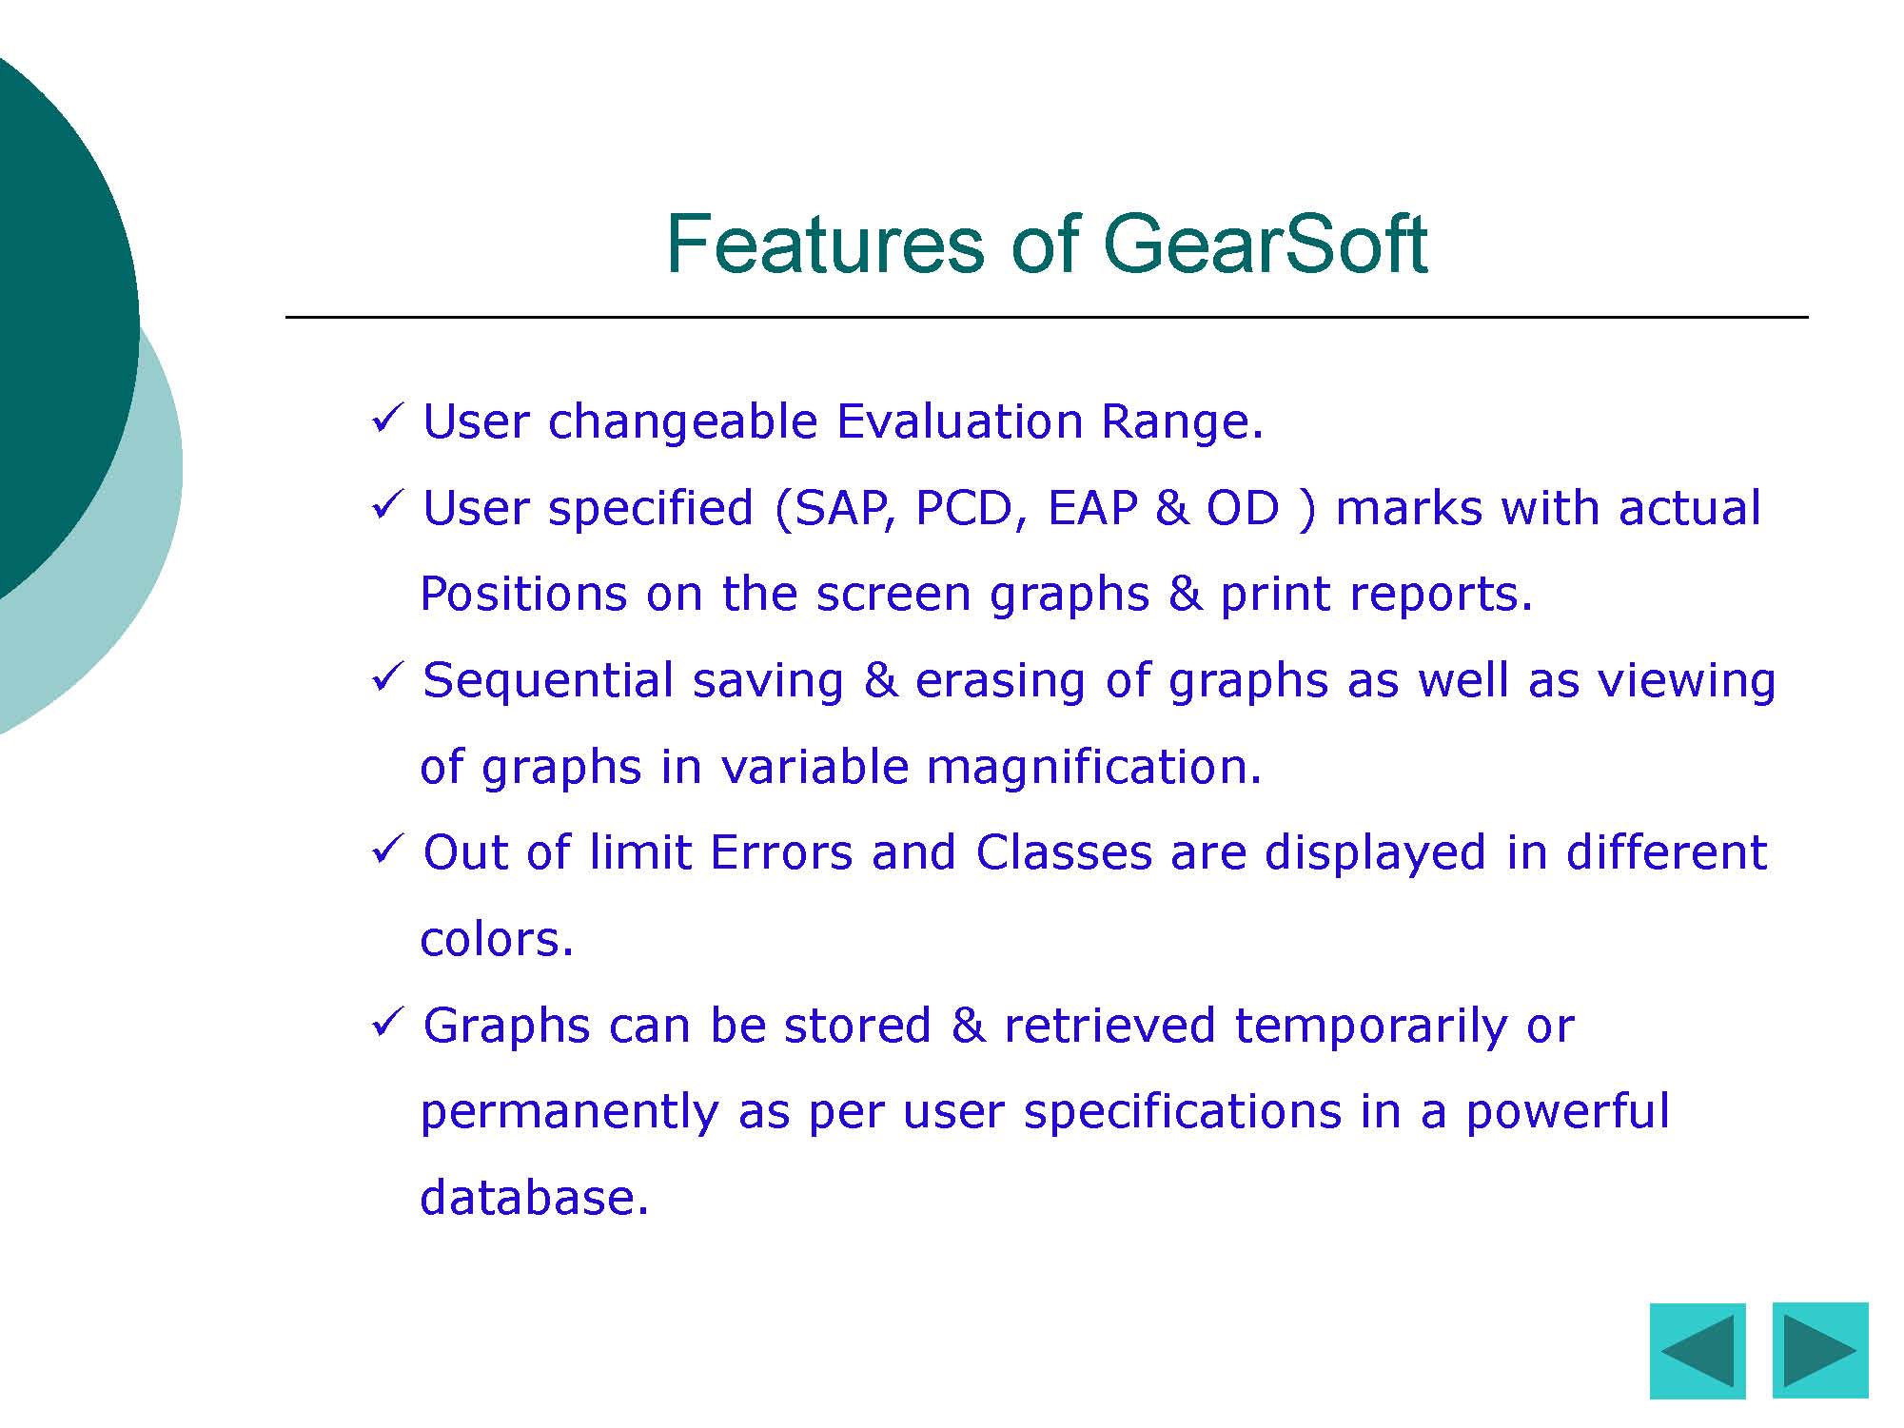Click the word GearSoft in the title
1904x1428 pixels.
pos(1265,244)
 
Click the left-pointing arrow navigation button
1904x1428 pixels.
pos(1698,1351)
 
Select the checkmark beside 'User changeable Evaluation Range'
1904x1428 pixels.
pos(388,418)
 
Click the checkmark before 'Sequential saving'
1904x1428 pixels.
pos(388,676)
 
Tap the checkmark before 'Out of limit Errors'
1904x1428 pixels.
pos(388,849)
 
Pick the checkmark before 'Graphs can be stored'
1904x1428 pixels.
pos(388,1022)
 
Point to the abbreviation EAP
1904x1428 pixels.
pos(1092,508)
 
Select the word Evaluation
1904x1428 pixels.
pos(960,421)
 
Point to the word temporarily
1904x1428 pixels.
pos(1370,1027)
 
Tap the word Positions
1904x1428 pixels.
pos(522,594)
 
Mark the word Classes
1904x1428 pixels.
pos(1064,851)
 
